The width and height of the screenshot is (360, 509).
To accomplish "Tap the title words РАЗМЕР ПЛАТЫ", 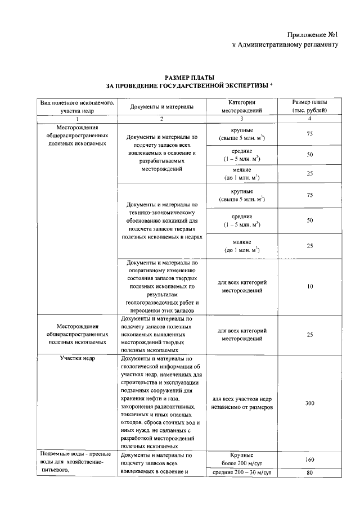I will [190, 77].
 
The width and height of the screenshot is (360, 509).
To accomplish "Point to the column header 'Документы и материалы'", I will [161, 107].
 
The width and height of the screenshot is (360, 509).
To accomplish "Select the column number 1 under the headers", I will [77, 119].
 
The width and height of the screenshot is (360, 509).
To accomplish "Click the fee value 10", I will [309, 286].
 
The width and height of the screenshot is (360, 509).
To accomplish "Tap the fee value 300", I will [309, 403].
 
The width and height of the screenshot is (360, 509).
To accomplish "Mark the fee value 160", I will [309, 459].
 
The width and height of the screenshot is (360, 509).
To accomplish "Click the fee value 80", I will [309, 472].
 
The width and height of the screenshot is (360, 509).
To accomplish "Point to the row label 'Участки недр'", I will [77, 358].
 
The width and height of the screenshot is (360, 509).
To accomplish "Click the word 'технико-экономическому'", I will [161, 213].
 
